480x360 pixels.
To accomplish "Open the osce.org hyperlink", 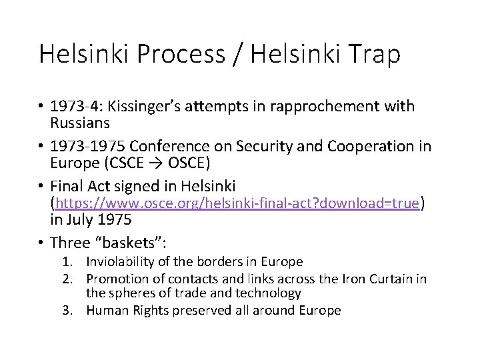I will (x=238, y=203).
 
